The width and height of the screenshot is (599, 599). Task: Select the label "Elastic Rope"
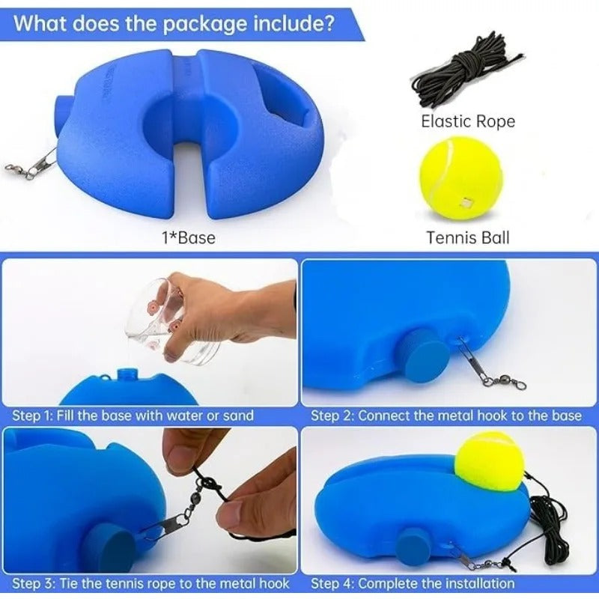468,121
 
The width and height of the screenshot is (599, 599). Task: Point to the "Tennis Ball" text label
467,237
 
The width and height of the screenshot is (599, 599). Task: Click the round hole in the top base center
180,121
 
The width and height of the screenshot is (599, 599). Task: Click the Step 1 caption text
133,415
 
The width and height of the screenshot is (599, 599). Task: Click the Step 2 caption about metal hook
446,415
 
